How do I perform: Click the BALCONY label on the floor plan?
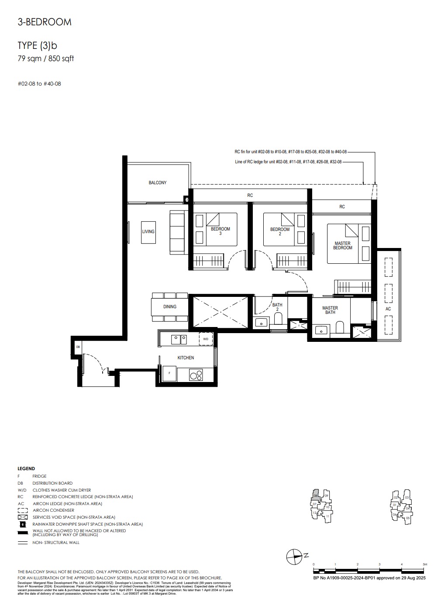[x=157, y=182]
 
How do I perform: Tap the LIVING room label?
[x=148, y=231]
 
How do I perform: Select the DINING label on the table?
[x=170, y=306]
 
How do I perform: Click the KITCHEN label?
[x=186, y=358]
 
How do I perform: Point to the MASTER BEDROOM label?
[x=342, y=246]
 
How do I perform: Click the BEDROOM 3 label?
[x=220, y=231]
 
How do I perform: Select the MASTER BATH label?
[x=330, y=310]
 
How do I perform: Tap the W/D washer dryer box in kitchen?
[x=205, y=338]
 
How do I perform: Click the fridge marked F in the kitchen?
[x=169, y=374]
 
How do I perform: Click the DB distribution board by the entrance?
[x=78, y=347]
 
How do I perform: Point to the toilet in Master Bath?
[x=340, y=328]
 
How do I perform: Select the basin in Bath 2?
[x=262, y=323]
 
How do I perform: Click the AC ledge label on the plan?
[x=388, y=309]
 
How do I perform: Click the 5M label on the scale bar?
[x=425, y=564]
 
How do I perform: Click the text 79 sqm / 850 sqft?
[x=45, y=59]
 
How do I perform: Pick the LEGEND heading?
[x=26, y=468]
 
